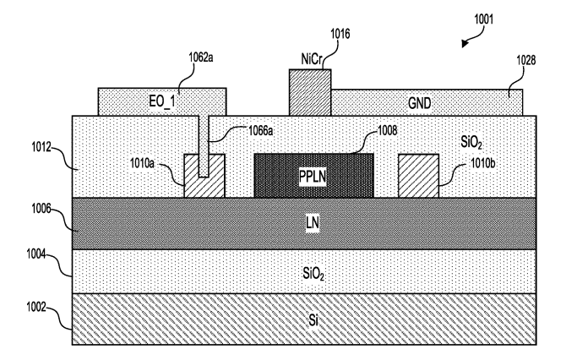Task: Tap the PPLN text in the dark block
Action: tap(313, 177)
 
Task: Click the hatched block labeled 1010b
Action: tap(418, 176)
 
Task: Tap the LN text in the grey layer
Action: tap(313, 222)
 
